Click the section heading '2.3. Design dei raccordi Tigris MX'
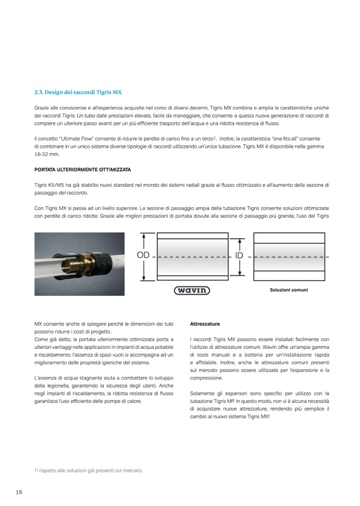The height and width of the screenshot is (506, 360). (x=77, y=92)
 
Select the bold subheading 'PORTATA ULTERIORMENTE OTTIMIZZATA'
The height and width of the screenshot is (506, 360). (x=82, y=170)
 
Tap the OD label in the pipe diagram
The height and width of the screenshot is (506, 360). (x=144, y=256)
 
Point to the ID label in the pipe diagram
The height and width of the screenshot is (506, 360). (x=240, y=256)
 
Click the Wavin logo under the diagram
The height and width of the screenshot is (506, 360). (x=192, y=290)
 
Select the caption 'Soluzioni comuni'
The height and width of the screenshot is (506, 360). (x=288, y=290)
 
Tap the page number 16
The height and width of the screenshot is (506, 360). (x=19, y=492)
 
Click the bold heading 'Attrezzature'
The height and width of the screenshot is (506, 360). (x=205, y=324)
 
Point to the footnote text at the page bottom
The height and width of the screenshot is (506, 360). (x=88, y=471)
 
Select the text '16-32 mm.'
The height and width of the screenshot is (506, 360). (x=47, y=155)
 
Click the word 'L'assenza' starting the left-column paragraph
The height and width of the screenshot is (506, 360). (x=46, y=377)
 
